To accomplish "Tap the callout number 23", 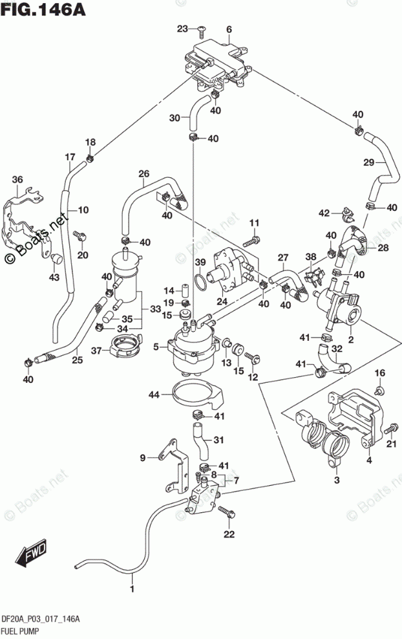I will pos(182,28).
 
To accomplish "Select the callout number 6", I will pos(229,29).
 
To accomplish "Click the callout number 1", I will pos(133,589).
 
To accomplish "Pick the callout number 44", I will pos(154,395).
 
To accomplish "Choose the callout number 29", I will pos(369,162).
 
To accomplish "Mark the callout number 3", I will pos(336,481).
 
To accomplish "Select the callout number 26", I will pos(143,173).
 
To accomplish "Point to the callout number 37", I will pos(97,351).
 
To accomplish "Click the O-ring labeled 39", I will pos(202,281).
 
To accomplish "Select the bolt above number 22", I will pos(226,512).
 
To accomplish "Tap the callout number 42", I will pos(324,213).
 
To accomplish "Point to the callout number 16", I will pos(380,373).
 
